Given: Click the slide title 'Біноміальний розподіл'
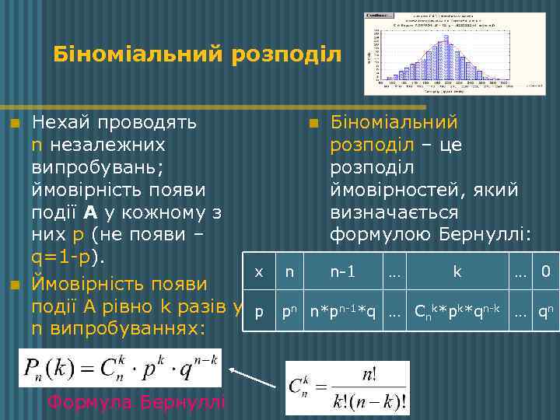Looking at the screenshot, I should coord(198,54).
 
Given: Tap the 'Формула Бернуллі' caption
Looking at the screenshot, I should coord(136,402).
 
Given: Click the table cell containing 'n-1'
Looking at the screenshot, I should coord(342,272).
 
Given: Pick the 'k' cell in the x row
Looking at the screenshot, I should coord(457,272).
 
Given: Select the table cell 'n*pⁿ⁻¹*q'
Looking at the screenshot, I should coord(342,311).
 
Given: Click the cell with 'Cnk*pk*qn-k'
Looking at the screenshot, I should coord(457,311).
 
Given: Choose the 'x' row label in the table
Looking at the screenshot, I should coord(259,272).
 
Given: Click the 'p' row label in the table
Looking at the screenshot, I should coord(259,311).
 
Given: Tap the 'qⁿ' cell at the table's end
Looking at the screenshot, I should coord(546,311).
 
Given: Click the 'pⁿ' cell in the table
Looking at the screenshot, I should coord(289,311).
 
